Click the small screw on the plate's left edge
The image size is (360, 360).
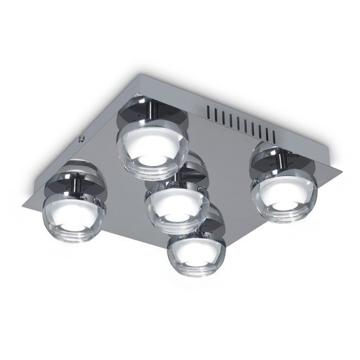click(82, 139)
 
